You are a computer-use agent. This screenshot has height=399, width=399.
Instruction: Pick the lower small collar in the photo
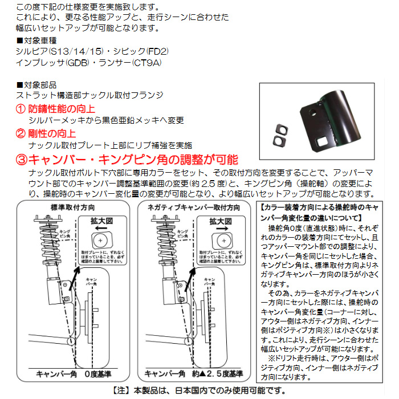(x=279, y=139)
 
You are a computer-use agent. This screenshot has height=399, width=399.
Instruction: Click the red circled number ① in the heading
(x=21, y=108)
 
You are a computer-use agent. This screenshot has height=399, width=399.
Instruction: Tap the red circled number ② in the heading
(x=21, y=133)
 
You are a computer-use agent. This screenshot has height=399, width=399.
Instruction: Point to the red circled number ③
(x=21, y=160)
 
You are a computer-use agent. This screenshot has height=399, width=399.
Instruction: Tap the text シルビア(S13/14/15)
(x=52, y=51)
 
